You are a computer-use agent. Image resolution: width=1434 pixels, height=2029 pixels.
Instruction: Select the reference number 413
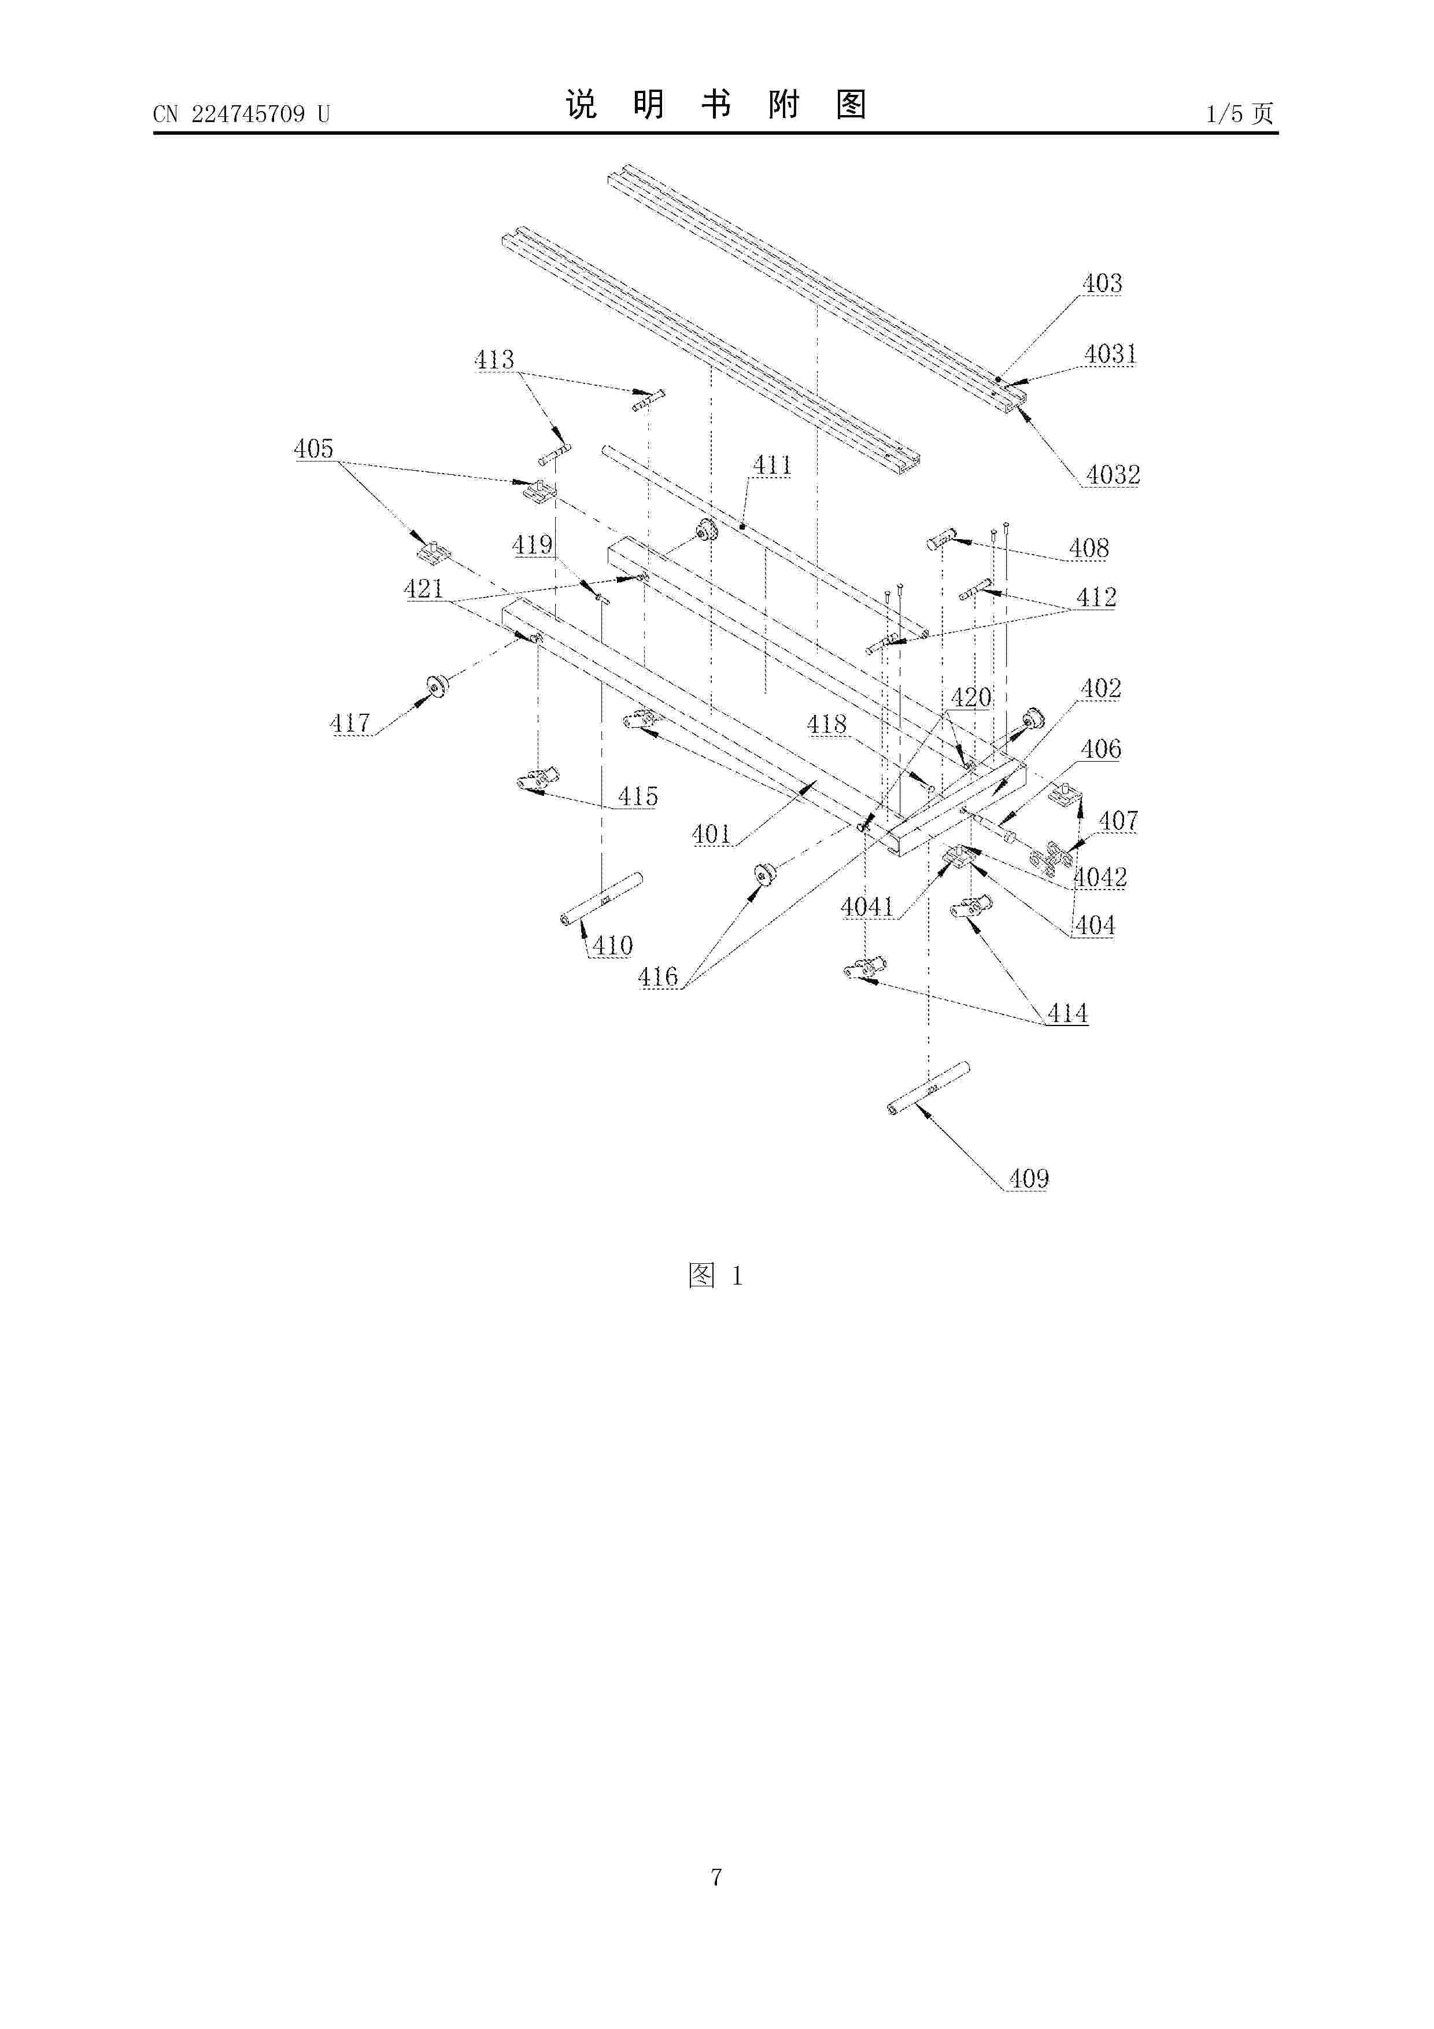pos(494,360)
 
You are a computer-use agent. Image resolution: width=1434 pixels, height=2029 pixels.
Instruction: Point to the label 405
pos(313,448)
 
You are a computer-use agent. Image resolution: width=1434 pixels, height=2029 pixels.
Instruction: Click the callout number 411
pos(773,466)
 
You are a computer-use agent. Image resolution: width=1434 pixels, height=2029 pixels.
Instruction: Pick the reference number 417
pos(350,723)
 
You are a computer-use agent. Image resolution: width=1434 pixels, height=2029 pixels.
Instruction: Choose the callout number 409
pos(1029,1178)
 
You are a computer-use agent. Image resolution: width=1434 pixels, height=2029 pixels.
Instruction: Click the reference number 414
pos(1067,1013)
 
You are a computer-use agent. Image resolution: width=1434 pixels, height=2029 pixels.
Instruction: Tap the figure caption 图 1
pos(716,1275)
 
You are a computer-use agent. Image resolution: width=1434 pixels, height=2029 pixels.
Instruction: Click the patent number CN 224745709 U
pos(241,114)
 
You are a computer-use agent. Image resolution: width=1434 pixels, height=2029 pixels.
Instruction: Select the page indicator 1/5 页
pos(1240,113)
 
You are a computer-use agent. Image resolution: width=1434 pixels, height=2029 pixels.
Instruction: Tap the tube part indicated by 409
pos(929,1089)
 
